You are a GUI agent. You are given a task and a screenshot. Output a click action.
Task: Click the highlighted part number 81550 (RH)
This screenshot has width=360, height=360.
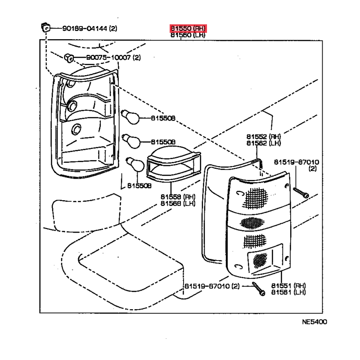tap(188, 28)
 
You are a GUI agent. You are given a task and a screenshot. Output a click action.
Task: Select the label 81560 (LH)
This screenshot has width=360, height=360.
tap(188, 35)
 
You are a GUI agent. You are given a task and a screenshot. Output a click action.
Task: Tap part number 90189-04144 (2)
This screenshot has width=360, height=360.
tap(90, 28)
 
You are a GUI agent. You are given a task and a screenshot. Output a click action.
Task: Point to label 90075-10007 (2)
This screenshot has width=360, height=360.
tap(113, 58)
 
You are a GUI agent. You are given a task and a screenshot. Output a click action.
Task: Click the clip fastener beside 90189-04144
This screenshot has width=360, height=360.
tap(45, 27)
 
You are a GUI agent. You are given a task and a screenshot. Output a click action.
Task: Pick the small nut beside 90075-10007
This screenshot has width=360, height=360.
tap(69, 58)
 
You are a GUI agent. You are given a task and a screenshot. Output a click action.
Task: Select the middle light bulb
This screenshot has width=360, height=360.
tap(131, 141)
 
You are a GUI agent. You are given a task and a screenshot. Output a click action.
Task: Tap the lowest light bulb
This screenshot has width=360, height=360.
tap(135, 164)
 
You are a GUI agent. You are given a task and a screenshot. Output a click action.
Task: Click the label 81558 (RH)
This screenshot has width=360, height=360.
tap(178, 197)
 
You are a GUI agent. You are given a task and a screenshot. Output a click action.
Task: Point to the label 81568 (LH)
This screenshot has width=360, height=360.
tap(178, 203)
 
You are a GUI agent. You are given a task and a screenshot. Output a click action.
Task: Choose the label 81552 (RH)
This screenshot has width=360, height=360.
tap(264, 137)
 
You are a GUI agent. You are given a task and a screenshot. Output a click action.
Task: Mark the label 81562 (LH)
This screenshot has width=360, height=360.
tap(264, 143)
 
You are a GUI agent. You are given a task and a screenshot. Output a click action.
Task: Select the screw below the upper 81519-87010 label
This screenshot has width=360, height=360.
tap(301, 193)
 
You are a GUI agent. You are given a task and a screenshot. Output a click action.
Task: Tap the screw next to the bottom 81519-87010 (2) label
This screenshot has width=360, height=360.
tap(259, 288)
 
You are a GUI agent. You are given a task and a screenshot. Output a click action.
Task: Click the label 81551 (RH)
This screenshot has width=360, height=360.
tap(288, 286)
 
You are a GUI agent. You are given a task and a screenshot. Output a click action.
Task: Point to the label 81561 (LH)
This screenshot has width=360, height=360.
tap(288, 292)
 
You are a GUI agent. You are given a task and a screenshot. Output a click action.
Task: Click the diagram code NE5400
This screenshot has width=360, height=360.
tap(315, 322)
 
